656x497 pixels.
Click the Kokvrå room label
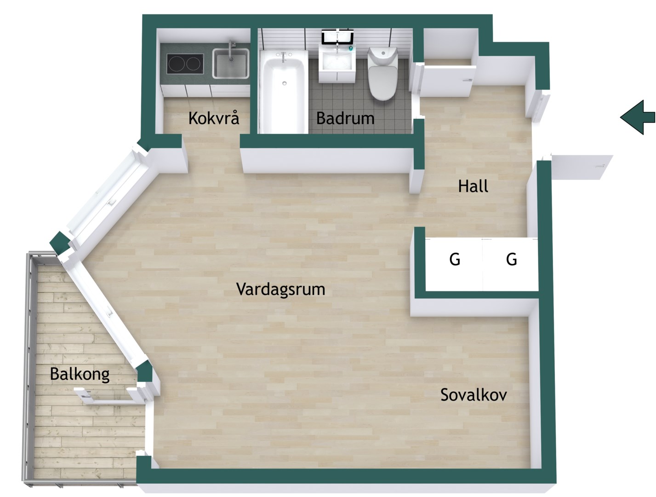214,118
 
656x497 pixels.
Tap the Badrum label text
345,118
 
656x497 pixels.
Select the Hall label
473,186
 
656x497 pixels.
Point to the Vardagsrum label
280,289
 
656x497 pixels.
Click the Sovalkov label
473,394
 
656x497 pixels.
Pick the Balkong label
80,374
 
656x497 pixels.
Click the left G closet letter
455,259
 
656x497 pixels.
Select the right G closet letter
511,259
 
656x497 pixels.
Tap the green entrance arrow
638,117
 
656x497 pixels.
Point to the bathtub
283,91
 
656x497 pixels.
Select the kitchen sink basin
230,64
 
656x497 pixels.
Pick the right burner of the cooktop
194,64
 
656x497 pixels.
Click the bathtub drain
284,83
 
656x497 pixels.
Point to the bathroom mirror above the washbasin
337,36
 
